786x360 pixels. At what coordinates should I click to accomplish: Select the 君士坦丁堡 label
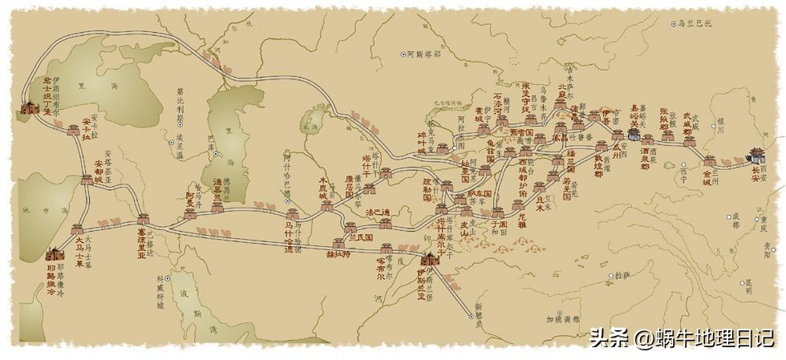[x=37, y=97]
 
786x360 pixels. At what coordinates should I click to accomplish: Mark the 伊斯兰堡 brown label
[x=422, y=282]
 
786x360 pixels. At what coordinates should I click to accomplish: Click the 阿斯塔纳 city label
[x=423, y=54]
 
